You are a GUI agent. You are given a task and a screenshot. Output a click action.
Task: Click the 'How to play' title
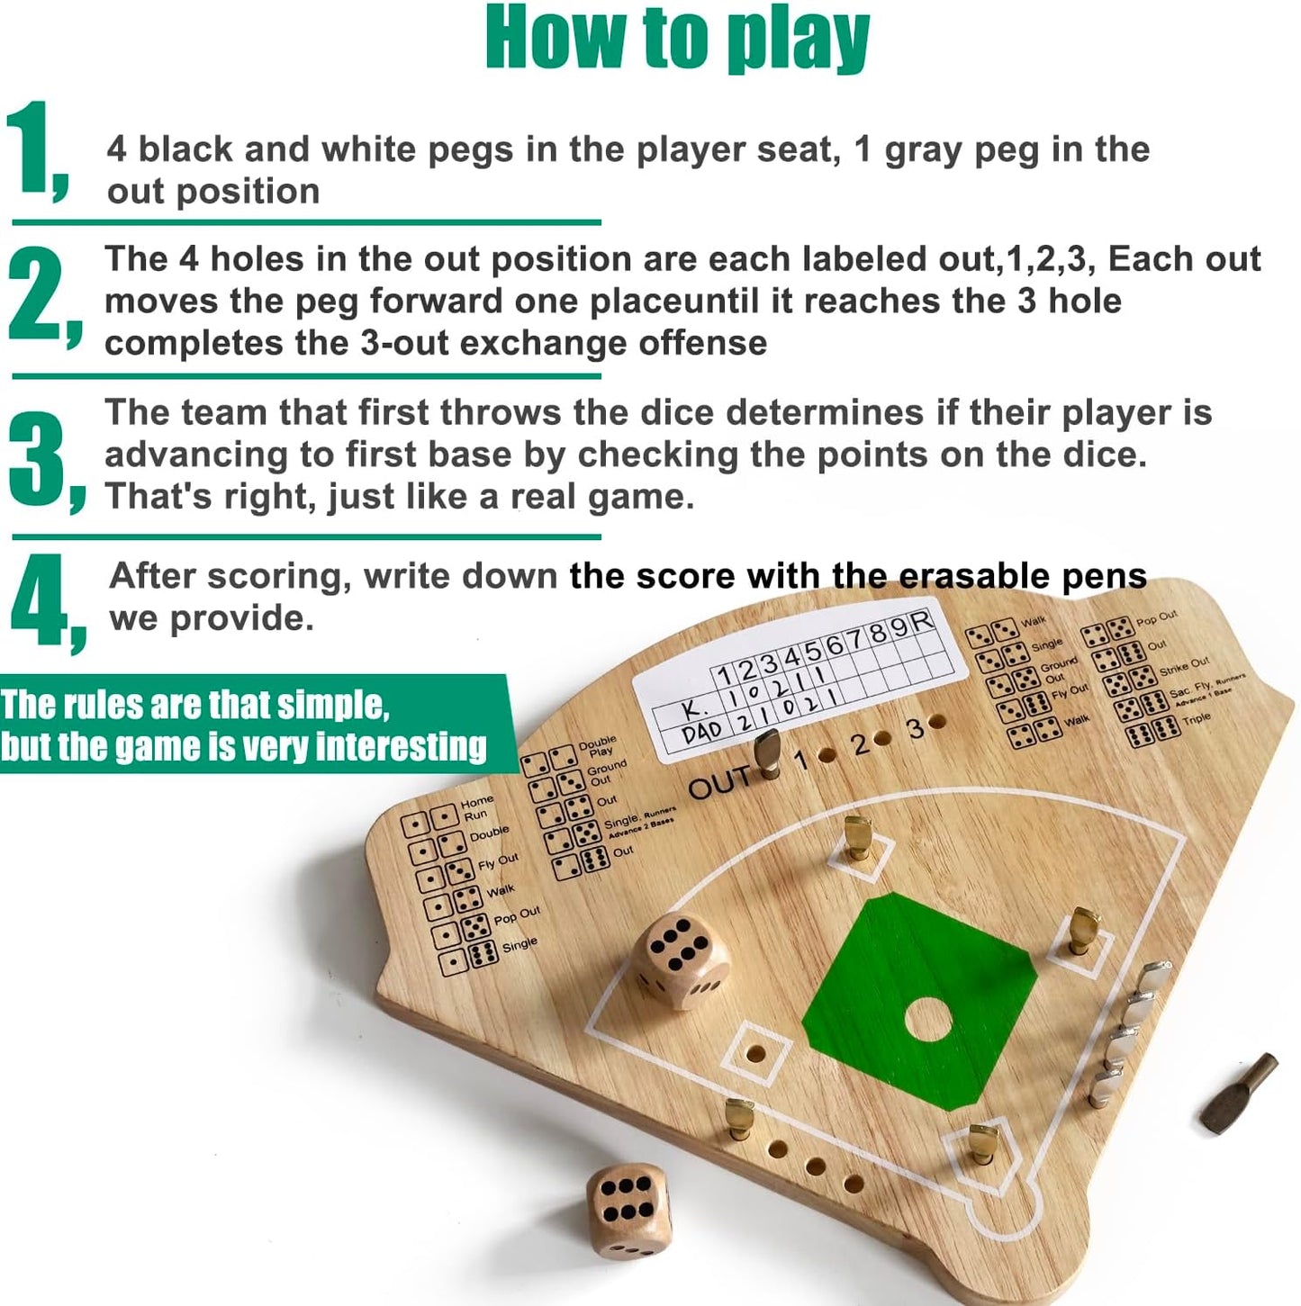click(x=677, y=40)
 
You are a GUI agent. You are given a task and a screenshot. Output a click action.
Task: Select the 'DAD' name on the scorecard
click(x=702, y=734)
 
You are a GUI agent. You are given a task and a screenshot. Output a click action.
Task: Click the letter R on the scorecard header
click(x=921, y=621)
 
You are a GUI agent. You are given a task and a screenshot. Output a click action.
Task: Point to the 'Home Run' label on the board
click(x=476, y=808)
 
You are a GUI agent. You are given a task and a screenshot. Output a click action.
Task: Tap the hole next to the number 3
click(x=938, y=722)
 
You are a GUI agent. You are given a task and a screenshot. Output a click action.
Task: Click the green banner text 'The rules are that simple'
click(x=195, y=704)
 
